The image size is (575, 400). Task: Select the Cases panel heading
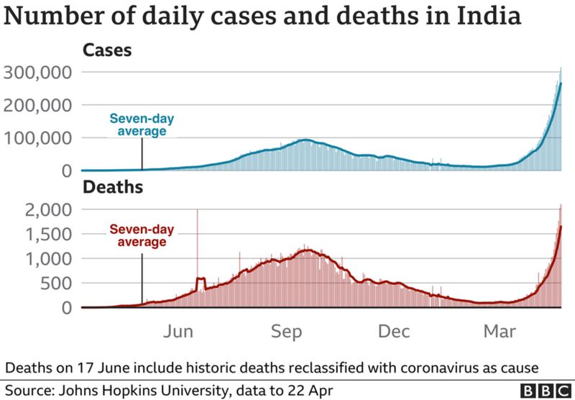106,50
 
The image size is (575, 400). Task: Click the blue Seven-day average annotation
142,125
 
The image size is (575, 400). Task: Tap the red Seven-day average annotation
142,236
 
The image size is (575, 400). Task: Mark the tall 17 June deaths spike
197,237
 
